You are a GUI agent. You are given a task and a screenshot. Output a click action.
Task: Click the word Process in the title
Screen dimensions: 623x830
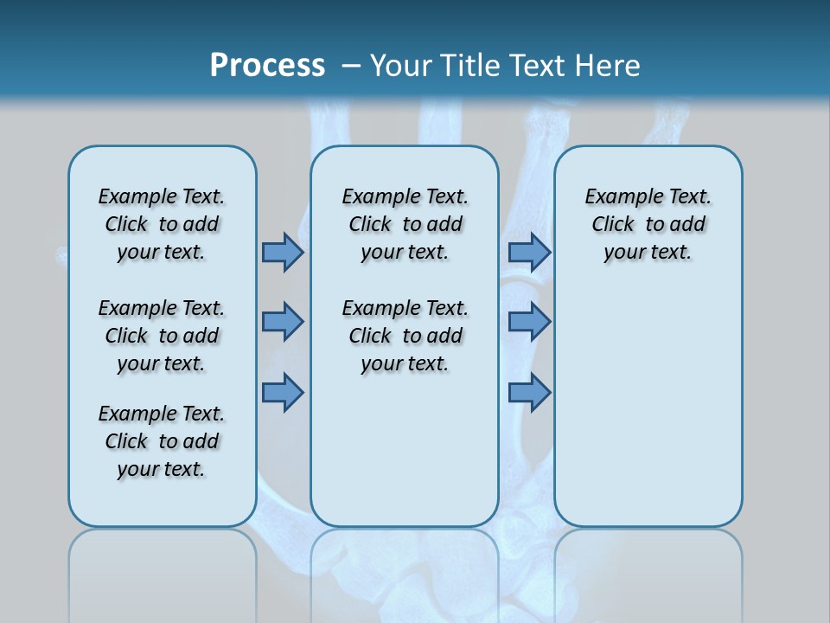click(x=267, y=65)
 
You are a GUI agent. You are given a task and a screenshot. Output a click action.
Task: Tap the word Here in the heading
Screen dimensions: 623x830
click(x=608, y=65)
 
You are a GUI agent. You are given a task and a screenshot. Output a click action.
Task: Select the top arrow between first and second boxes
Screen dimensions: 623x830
click(x=282, y=252)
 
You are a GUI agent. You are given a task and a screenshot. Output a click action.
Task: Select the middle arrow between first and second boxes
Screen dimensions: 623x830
click(x=282, y=322)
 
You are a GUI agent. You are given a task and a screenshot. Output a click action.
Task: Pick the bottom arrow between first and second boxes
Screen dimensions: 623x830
click(x=282, y=392)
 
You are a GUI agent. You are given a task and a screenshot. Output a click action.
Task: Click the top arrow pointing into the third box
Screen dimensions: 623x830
click(x=529, y=252)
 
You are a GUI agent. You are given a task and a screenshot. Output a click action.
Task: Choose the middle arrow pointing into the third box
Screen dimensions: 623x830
click(x=529, y=322)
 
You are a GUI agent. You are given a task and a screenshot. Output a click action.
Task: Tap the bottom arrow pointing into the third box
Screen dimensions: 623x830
click(x=529, y=392)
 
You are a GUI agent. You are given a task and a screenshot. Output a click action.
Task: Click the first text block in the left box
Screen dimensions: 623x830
click(x=162, y=224)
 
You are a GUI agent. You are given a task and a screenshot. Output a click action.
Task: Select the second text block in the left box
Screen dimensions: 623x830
click(x=162, y=336)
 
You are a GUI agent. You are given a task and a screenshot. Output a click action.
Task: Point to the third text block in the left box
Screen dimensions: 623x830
click(x=162, y=441)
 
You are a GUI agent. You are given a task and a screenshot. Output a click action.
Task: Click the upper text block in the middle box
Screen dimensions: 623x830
click(x=405, y=224)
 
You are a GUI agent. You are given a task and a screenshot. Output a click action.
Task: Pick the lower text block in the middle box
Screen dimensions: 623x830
click(x=405, y=336)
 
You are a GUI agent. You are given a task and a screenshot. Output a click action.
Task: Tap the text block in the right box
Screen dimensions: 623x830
click(x=648, y=224)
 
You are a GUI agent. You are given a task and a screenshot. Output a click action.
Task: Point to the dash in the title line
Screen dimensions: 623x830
click(x=350, y=65)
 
